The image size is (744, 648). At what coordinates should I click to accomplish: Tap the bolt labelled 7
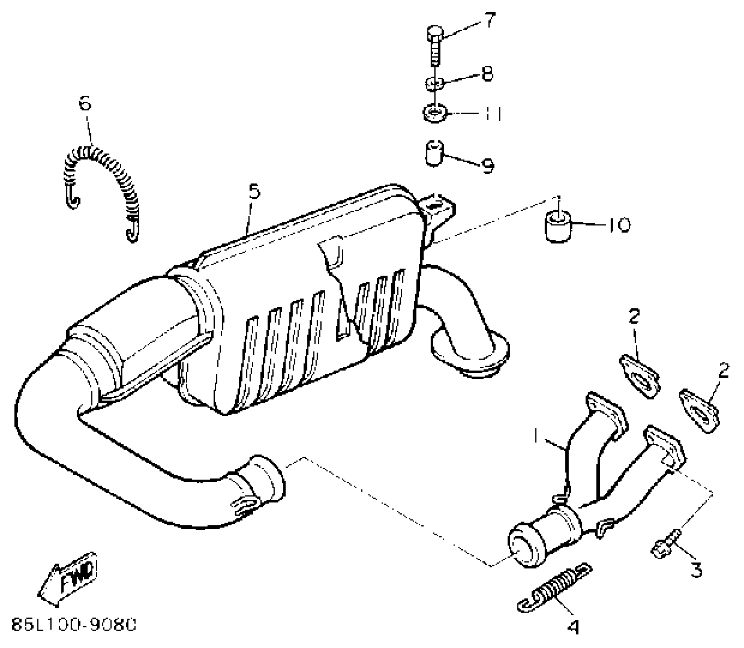(435, 46)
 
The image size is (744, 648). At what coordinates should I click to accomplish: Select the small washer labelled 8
(434, 83)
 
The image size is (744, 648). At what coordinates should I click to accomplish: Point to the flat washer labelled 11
(435, 114)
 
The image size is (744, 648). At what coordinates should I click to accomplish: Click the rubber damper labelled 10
(558, 227)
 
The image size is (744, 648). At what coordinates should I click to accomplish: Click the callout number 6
(85, 103)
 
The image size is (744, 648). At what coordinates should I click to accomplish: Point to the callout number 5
(254, 192)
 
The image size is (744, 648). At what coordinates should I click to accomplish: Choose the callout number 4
(574, 627)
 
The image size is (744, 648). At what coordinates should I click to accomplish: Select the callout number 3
(696, 571)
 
